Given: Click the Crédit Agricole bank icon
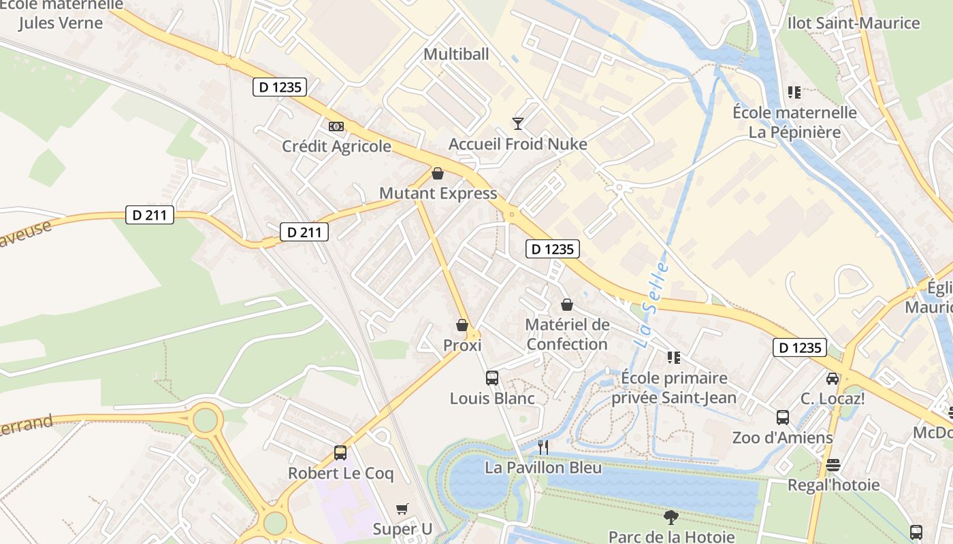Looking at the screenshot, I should (336, 126).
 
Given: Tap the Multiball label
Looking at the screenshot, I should (456, 54).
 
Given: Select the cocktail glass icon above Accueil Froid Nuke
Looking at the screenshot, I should (518, 123).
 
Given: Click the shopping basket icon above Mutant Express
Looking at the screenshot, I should (438, 173).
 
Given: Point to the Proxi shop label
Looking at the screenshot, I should (462, 345).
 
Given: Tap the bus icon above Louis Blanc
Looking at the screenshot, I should (492, 378).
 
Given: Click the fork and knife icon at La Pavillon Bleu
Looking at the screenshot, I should (543, 447).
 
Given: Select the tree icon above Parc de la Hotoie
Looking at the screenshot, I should (671, 517).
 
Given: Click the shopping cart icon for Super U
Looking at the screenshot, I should (402, 509).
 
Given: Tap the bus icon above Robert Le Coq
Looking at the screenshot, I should (340, 453).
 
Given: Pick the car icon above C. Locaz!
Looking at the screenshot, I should (832, 378).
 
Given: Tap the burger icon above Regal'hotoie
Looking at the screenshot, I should (833, 465).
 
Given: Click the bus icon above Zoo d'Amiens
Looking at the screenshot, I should (783, 418).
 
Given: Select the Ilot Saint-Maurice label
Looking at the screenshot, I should (854, 23).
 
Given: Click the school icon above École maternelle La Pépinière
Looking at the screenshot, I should (794, 92).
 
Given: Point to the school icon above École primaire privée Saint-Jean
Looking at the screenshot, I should (674, 358).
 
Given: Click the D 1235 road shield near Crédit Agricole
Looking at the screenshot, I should (280, 87).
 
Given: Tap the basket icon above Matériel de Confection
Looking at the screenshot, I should (566, 305).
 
